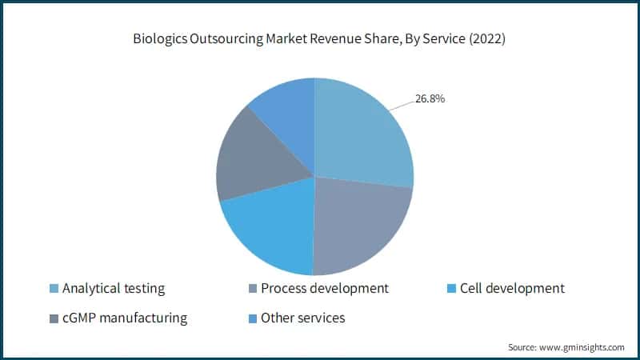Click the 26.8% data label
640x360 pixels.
tap(430, 99)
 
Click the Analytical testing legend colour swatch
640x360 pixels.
tap(54, 289)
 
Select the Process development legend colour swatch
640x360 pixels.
tap(254, 289)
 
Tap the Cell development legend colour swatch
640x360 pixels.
tap(452, 289)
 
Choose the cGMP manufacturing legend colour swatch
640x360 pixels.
tap(54, 318)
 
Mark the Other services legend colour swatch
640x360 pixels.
tap(254, 318)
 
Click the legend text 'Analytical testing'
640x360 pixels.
tap(113, 288)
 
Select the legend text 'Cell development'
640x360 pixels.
tap(513, 288)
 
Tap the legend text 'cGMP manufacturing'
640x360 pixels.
tap(124, 318)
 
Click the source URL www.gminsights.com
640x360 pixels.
tap(581, 347)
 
